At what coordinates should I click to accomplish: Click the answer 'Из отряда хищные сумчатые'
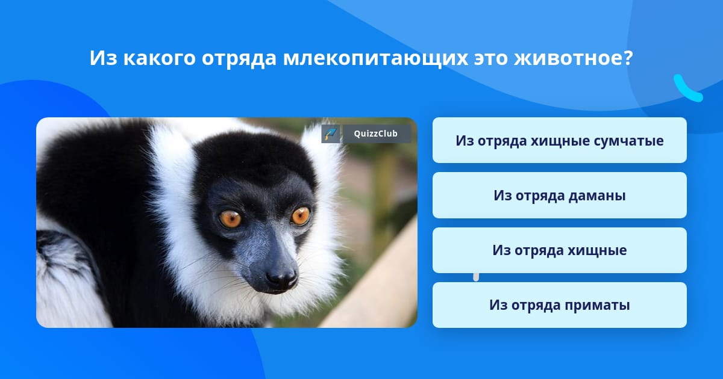559,140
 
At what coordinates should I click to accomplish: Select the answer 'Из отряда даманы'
559,196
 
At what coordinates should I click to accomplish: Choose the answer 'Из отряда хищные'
559,250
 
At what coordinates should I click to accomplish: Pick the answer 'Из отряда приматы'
559,305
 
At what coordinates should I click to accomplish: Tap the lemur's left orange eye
230,219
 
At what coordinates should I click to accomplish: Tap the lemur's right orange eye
301,216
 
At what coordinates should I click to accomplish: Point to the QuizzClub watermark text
375,134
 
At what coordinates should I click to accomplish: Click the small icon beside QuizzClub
331,134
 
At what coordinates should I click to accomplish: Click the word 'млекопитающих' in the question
375,58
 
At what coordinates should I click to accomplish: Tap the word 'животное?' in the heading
574,58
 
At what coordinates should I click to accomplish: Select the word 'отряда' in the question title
239,59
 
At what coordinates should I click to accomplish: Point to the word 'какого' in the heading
160,58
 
